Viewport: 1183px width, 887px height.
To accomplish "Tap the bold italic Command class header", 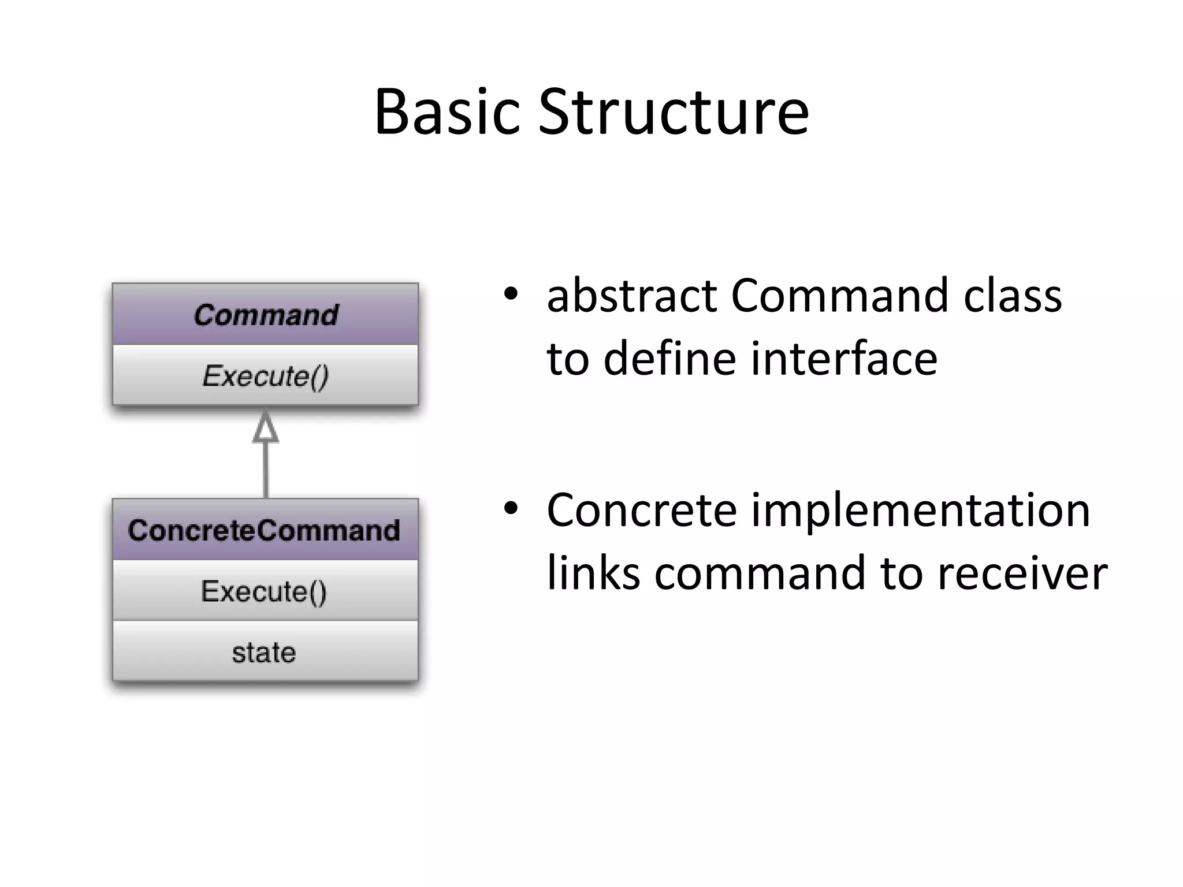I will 266,315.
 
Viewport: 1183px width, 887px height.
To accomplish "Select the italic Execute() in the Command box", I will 266,376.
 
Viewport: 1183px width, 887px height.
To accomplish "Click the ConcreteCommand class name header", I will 264,530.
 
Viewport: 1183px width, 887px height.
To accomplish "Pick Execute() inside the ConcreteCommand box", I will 264,591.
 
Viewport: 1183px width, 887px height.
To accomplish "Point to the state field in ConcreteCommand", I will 264,653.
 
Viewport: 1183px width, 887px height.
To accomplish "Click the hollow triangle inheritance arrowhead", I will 266,428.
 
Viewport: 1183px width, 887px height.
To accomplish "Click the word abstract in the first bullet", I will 631,296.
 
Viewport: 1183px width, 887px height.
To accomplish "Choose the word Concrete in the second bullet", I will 641,510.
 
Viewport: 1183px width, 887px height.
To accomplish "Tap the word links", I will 593,573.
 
